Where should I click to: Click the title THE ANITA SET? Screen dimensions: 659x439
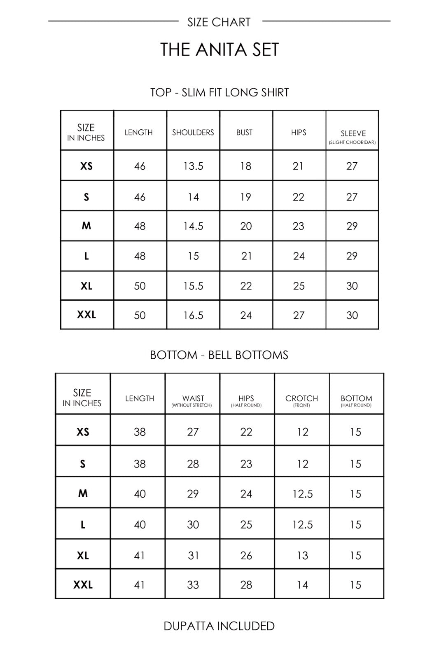219,50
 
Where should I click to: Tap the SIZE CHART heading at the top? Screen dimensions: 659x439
219,22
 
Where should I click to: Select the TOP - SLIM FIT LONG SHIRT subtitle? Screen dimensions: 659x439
219,92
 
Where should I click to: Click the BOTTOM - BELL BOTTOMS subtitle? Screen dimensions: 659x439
219,355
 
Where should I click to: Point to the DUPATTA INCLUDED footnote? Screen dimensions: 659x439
219,626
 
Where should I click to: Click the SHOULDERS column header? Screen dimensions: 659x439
193,132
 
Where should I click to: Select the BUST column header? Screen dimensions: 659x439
245,132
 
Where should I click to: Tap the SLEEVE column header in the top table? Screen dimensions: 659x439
353,134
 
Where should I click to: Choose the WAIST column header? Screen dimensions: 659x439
193,399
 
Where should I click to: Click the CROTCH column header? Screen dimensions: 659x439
302,399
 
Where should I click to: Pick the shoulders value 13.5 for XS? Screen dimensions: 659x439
193,166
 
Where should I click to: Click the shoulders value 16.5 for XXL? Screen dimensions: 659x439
193,315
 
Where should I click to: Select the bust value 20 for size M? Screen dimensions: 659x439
246,226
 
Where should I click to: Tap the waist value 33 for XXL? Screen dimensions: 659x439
193,584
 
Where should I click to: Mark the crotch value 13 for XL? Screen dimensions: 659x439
302,556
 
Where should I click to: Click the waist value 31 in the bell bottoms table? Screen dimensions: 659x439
193,556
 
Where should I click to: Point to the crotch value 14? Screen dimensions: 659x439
302,584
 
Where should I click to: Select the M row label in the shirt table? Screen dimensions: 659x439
86,226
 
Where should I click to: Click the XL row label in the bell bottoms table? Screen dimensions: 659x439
83,556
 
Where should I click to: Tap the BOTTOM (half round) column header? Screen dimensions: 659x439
356,399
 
